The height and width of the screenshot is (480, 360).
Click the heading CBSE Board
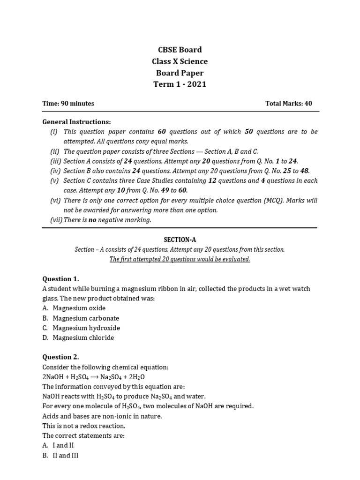(180, 50)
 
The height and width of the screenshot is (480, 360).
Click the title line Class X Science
(180, 61)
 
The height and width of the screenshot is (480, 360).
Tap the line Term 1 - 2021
(180, 84)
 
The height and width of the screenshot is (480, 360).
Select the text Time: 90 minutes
(68, 104)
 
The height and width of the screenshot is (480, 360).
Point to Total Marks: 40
(289, 104)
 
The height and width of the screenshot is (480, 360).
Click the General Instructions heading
(77, 121)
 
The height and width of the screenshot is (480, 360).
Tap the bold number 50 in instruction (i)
(248, 132)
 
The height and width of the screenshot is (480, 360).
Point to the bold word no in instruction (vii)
(92, 220)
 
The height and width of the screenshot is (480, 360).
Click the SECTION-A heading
(180, 240)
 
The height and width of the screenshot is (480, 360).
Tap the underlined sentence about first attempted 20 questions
(180, 260)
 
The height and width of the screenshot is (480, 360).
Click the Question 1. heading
(61, 278)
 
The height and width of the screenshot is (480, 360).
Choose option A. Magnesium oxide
(74, 308)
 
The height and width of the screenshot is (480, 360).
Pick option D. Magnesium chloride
(78, 337)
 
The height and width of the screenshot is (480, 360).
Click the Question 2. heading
(61, 357)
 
